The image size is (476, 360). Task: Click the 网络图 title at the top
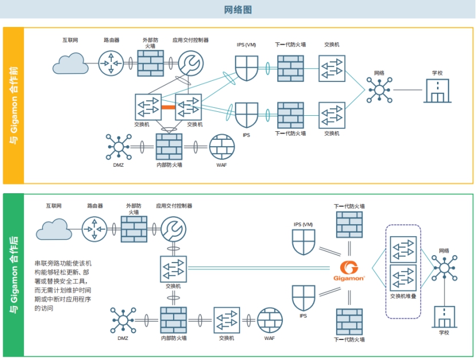pyautogui.click(x=238, y=10)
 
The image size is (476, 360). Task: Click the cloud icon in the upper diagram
pyautogui.click(x=70, y=63)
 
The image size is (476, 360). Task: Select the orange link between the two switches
pyautogui.click(x=168, y=107)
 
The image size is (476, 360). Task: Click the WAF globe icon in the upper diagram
pyautogui.click(x=222, y=147)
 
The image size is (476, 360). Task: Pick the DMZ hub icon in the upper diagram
pyautogui.click(x=119, y=147)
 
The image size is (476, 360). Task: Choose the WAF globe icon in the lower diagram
pyautogui.click(x=270, y=320)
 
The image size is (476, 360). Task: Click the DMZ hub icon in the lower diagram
pyautogui.click(x=123, y=320)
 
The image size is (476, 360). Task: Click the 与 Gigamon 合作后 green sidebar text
pyautogui.click(x=14, y=275)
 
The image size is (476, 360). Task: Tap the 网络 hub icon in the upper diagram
pyautogui.click(x=379, y=90)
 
